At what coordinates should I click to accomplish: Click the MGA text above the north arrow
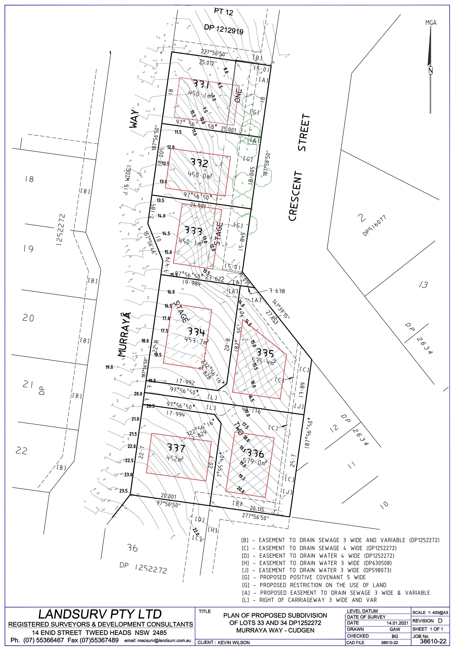tap(431, 23)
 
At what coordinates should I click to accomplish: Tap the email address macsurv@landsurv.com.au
tap(157, 641)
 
